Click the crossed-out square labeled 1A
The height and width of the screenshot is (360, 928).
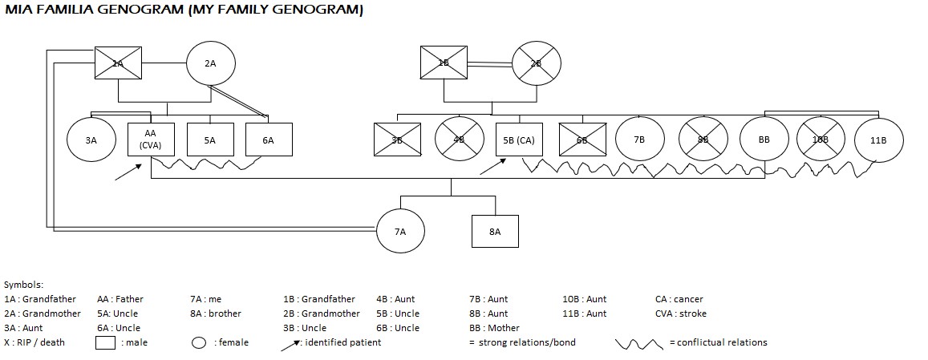click(118, 63)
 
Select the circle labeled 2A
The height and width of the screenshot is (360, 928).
click(210, 63)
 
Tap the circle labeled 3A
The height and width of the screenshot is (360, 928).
click(91, 140)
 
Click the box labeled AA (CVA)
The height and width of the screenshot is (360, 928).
click(151, 140)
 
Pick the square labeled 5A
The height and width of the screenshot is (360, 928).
click(210, 140)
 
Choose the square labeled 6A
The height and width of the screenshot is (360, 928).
click(269, 140)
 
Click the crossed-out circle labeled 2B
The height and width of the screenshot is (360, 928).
click(537, 63)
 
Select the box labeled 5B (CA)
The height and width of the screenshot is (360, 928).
click(519, 140)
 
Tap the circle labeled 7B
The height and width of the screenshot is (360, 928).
click(639, 140)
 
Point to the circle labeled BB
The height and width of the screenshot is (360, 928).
click(764, 140)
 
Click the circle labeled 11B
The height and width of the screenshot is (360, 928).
click(878, 140)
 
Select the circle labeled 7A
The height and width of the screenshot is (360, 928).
click(400, 231)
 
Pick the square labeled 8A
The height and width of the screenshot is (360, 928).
click(495, 231)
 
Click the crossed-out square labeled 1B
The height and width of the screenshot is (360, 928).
click(444, 63)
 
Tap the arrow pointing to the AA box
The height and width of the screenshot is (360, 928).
click(128, 171)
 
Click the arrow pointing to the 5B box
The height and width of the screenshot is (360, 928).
click(492, 167)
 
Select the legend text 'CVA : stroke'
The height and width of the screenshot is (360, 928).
click(680, 313)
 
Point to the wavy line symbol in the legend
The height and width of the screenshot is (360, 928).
click(639, 343)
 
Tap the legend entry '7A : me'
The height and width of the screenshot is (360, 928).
click(205, 299)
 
